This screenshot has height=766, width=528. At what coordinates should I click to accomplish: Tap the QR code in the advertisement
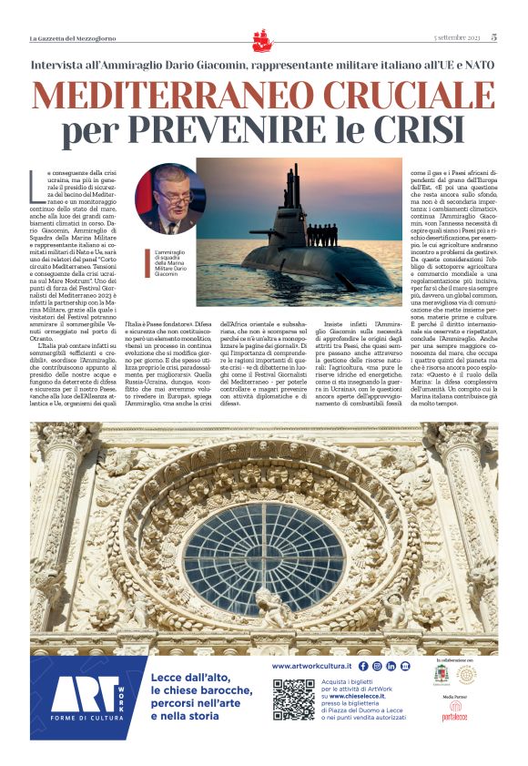(292, 699)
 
